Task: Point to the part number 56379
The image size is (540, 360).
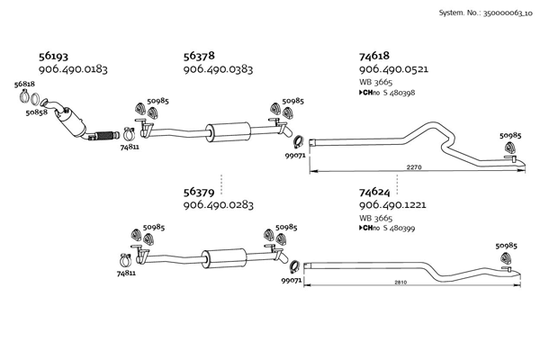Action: [x=200, y=192]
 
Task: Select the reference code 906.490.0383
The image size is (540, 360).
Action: [x=218, y=69]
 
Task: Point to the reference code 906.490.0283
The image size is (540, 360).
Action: [x=218, y=205]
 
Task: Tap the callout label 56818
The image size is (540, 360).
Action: [x=24, y=85]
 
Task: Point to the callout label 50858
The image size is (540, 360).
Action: [x=36, y=113]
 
